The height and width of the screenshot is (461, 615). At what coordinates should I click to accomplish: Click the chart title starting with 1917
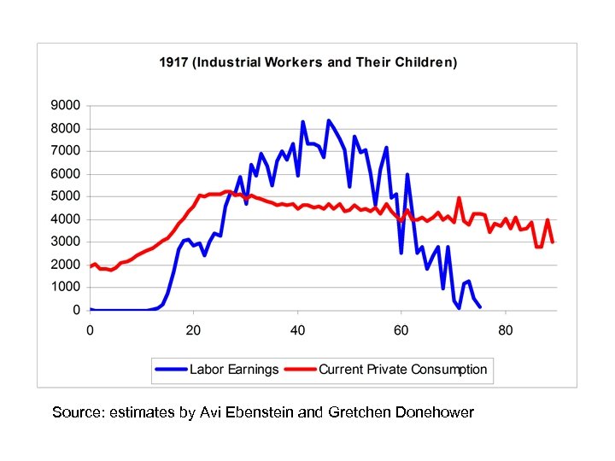coord(308,62)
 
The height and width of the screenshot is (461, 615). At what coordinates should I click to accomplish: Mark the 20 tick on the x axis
coord(194,331)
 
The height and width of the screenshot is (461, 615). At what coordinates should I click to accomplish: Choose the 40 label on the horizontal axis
coord(297,331)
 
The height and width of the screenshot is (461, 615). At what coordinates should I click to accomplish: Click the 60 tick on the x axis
coord(401,331)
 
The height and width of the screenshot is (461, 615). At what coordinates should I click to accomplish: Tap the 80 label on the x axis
coord(505,331)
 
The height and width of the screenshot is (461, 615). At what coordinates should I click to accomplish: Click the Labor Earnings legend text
coord(234,370)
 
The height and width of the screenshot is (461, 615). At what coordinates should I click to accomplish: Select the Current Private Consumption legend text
coord(402,370)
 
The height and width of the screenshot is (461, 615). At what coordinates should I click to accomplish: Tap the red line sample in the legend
coord(301,370)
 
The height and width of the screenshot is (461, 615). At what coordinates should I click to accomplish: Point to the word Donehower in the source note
coord(435,412)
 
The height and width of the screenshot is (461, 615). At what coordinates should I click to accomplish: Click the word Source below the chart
coord(79,412)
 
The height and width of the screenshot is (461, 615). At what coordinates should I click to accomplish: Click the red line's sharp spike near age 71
coord(459,198)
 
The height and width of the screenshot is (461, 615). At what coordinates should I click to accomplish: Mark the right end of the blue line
coord(479,306)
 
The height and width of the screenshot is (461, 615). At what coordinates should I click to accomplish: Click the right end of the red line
coord(553,242)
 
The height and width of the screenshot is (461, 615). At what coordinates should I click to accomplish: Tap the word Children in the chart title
coord(426,62)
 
